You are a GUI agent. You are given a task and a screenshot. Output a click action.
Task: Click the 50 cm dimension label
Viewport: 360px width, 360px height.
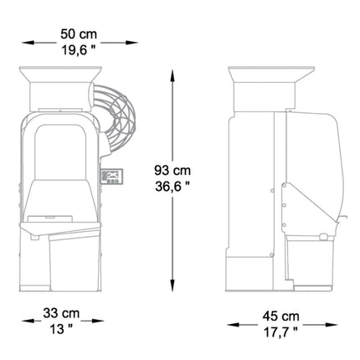tap(79, 34)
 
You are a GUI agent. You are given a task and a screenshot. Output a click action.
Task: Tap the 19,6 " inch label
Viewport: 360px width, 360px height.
tap(79, 50)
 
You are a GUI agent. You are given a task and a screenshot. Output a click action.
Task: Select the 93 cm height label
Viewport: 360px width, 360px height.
tap(172, 170)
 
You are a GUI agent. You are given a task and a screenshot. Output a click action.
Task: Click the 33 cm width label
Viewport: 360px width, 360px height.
tap(61, 313)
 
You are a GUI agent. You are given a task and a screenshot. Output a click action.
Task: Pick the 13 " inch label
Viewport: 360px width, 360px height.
tap(61, 329)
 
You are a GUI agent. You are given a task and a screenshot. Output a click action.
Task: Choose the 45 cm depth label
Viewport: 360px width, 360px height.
tap(280, 316)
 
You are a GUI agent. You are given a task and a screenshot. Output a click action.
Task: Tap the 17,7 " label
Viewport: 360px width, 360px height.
tap(280, 332)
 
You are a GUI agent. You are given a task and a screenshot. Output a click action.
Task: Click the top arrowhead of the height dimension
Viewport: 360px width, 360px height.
tap(172, 76)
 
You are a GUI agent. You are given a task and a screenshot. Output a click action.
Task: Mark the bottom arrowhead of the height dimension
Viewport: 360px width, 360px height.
tap(172, 285)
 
